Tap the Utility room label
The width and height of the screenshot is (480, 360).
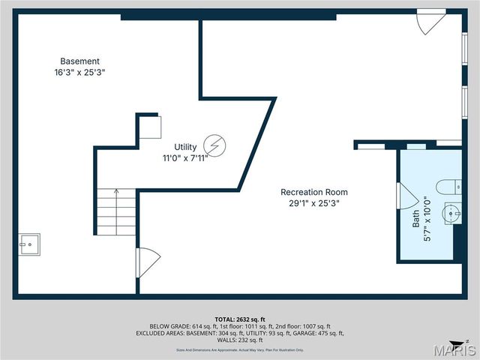tap(185, 147)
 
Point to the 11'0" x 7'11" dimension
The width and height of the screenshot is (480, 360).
tap(185, 158)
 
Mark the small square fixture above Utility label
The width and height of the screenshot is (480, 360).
tap(149, 126)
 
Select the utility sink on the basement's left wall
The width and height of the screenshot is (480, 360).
tap(30, 244)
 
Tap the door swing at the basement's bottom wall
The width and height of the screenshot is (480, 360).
tap(147, 262)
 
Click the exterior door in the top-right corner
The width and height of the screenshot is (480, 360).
tap(431, 21)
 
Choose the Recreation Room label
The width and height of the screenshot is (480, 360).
tap(314, 192)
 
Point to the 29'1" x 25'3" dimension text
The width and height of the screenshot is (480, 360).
tap(314, 203)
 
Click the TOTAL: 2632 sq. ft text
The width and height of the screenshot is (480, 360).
tap(240, 318)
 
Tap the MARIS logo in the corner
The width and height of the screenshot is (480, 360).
tap(456, 349)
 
